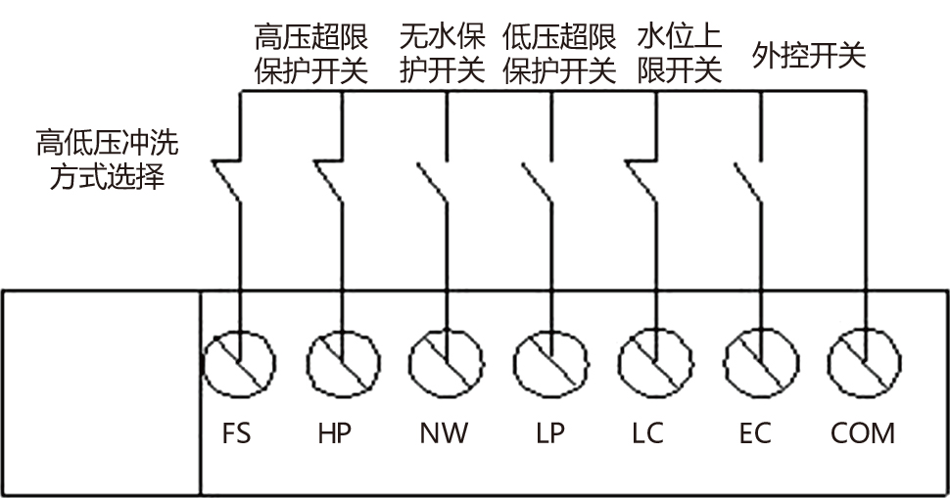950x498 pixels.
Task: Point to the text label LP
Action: tap(550, 432)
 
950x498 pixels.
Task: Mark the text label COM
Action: tap(862, 432)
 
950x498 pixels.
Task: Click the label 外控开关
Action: tap(809, 56)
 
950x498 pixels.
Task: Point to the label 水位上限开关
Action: tap(679, 54)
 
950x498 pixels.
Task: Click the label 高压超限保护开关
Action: tap(310, 54)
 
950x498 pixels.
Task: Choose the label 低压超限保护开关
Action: tap(559, 54)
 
